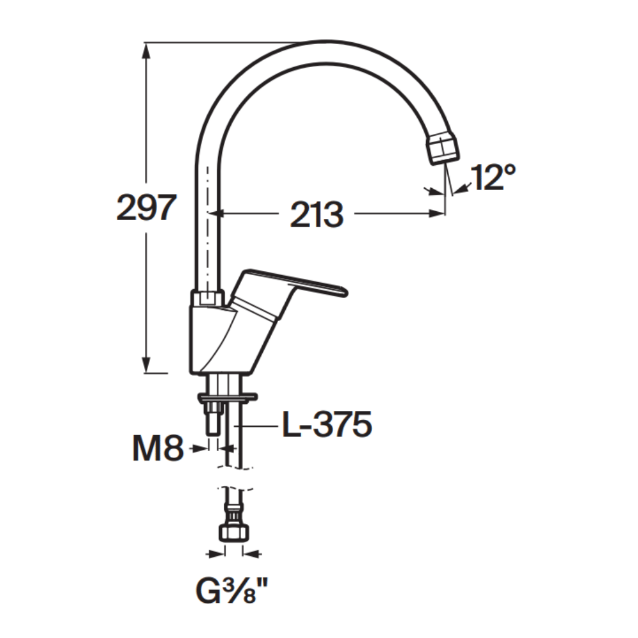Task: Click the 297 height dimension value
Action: pyautogui.click(x=147, y=207)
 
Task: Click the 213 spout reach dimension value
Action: pyautogui.click(x=316, y=214)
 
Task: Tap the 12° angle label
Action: pyautogui.click(x=493, y=177)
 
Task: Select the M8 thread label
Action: pyautogui.click(x=158, y=448)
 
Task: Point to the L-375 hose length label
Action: pyautogui.click(x=327, y=424)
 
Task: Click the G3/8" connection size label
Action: pyautogui.click(x=232, y=591)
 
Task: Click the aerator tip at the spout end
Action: pyautogui.click(x=443, y=149)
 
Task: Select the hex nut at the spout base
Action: pyautogui.click(x=207, y=297)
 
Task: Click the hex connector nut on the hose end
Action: pyautogui.click(x=234, y=533)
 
